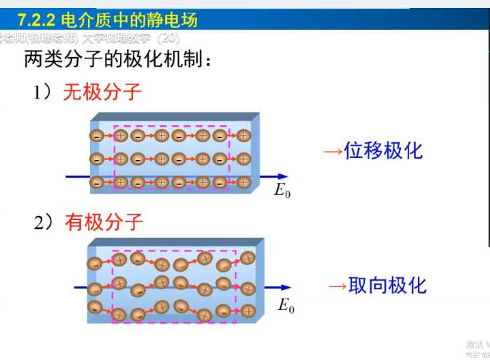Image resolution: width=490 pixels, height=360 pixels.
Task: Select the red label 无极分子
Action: [102, 92]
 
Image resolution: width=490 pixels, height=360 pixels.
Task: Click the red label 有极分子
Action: [104, 222]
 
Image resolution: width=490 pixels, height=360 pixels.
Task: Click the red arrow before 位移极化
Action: [332, 151]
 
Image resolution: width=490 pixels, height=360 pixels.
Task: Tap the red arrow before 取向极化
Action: [336, 286]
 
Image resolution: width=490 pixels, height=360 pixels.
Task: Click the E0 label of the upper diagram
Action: [283, 191]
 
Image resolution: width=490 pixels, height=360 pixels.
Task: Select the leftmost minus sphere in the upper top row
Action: [96, 135]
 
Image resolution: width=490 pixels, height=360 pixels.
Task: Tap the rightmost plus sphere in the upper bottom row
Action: [244, 182]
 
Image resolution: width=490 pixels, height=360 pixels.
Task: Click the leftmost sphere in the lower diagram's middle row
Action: [94, 289]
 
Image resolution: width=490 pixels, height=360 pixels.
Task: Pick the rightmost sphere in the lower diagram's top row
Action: [248, 258]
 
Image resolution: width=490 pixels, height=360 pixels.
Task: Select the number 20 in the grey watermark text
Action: [166, 37]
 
